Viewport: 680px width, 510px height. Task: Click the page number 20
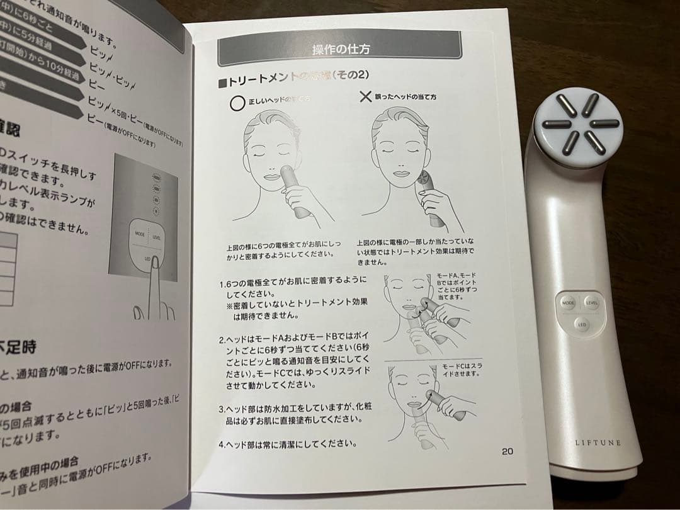[507, 450]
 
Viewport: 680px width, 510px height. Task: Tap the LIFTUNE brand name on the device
[598, 443]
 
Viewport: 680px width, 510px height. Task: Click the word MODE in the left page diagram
[139, 233]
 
